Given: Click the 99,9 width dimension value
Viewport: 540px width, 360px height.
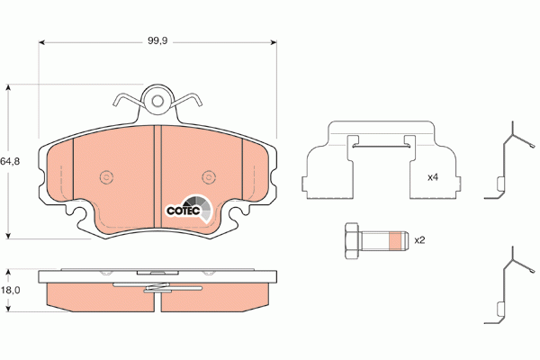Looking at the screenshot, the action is click(157, 40).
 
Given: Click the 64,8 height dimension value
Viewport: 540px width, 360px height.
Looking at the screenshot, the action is click(10, 161).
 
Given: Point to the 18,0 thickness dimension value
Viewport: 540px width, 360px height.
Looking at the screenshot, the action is click(10, 290).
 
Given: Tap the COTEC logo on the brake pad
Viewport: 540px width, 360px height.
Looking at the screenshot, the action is click(189, 209).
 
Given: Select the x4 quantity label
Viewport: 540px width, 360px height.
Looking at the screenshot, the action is click(433, 177).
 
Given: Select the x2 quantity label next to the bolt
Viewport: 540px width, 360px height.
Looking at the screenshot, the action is click(419, 240).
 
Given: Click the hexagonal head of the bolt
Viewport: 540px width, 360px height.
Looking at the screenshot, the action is click(352, 240).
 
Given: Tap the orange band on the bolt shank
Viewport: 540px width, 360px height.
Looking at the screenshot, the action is click(395, 240).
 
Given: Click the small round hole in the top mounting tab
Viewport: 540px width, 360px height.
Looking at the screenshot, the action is click(157, 101).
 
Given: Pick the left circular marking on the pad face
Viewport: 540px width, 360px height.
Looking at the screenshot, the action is click(106, 177).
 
